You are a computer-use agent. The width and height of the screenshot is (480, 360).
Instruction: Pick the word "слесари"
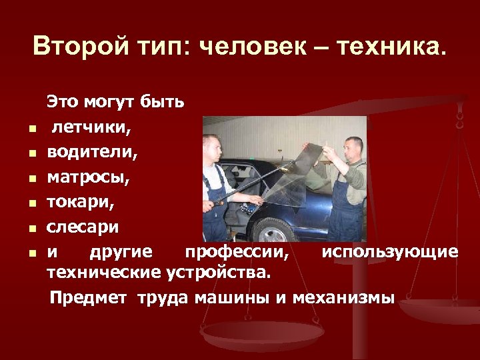tap(83, 227)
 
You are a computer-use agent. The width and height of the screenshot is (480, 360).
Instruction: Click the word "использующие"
tap(389, 252)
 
